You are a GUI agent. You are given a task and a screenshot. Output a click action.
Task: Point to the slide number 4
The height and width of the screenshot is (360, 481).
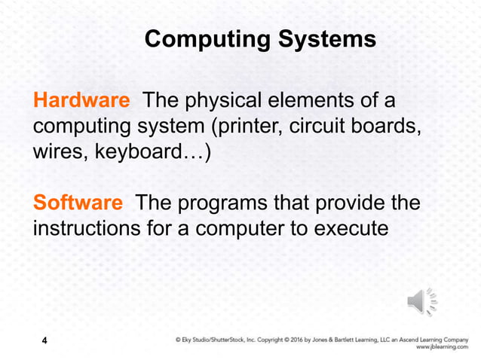[44, 343]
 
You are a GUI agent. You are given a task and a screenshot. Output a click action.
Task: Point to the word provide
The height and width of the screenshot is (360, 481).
[347, 203]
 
